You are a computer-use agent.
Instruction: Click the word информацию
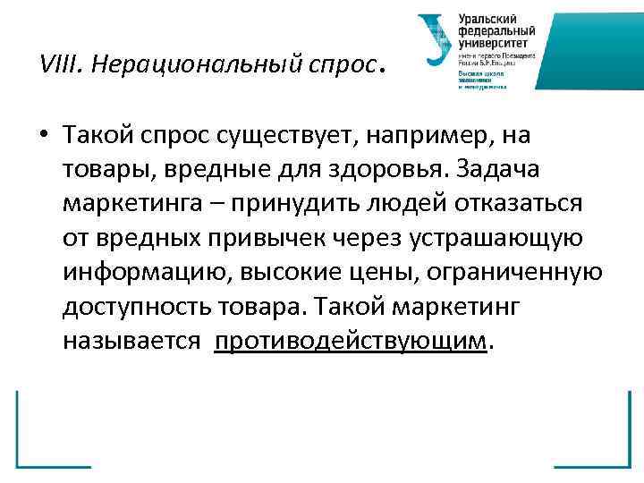pyautogui.click(x=143, y=272)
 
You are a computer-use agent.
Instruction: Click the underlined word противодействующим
pyautogui.click(x=352, y=340)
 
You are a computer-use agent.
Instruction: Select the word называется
pyautogui.click(x=131, y=340)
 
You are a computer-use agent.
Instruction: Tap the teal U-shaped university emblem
pyautogui.click(x=436, y=40)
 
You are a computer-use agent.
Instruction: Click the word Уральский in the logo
pyautogui.click(x=487, y=18)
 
